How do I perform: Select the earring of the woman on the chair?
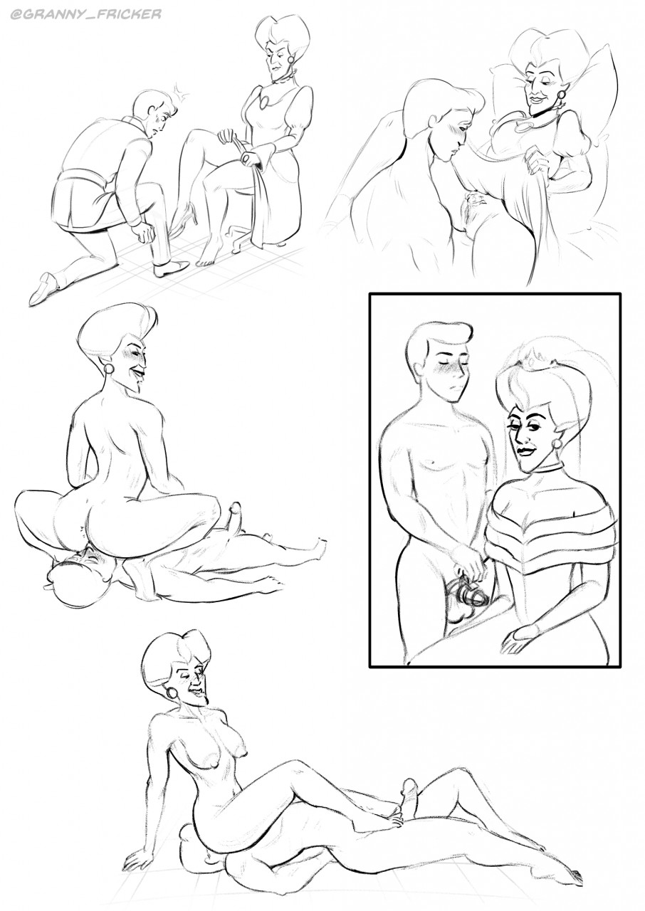point(291,60)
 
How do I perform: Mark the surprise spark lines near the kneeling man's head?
point(182,93)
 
